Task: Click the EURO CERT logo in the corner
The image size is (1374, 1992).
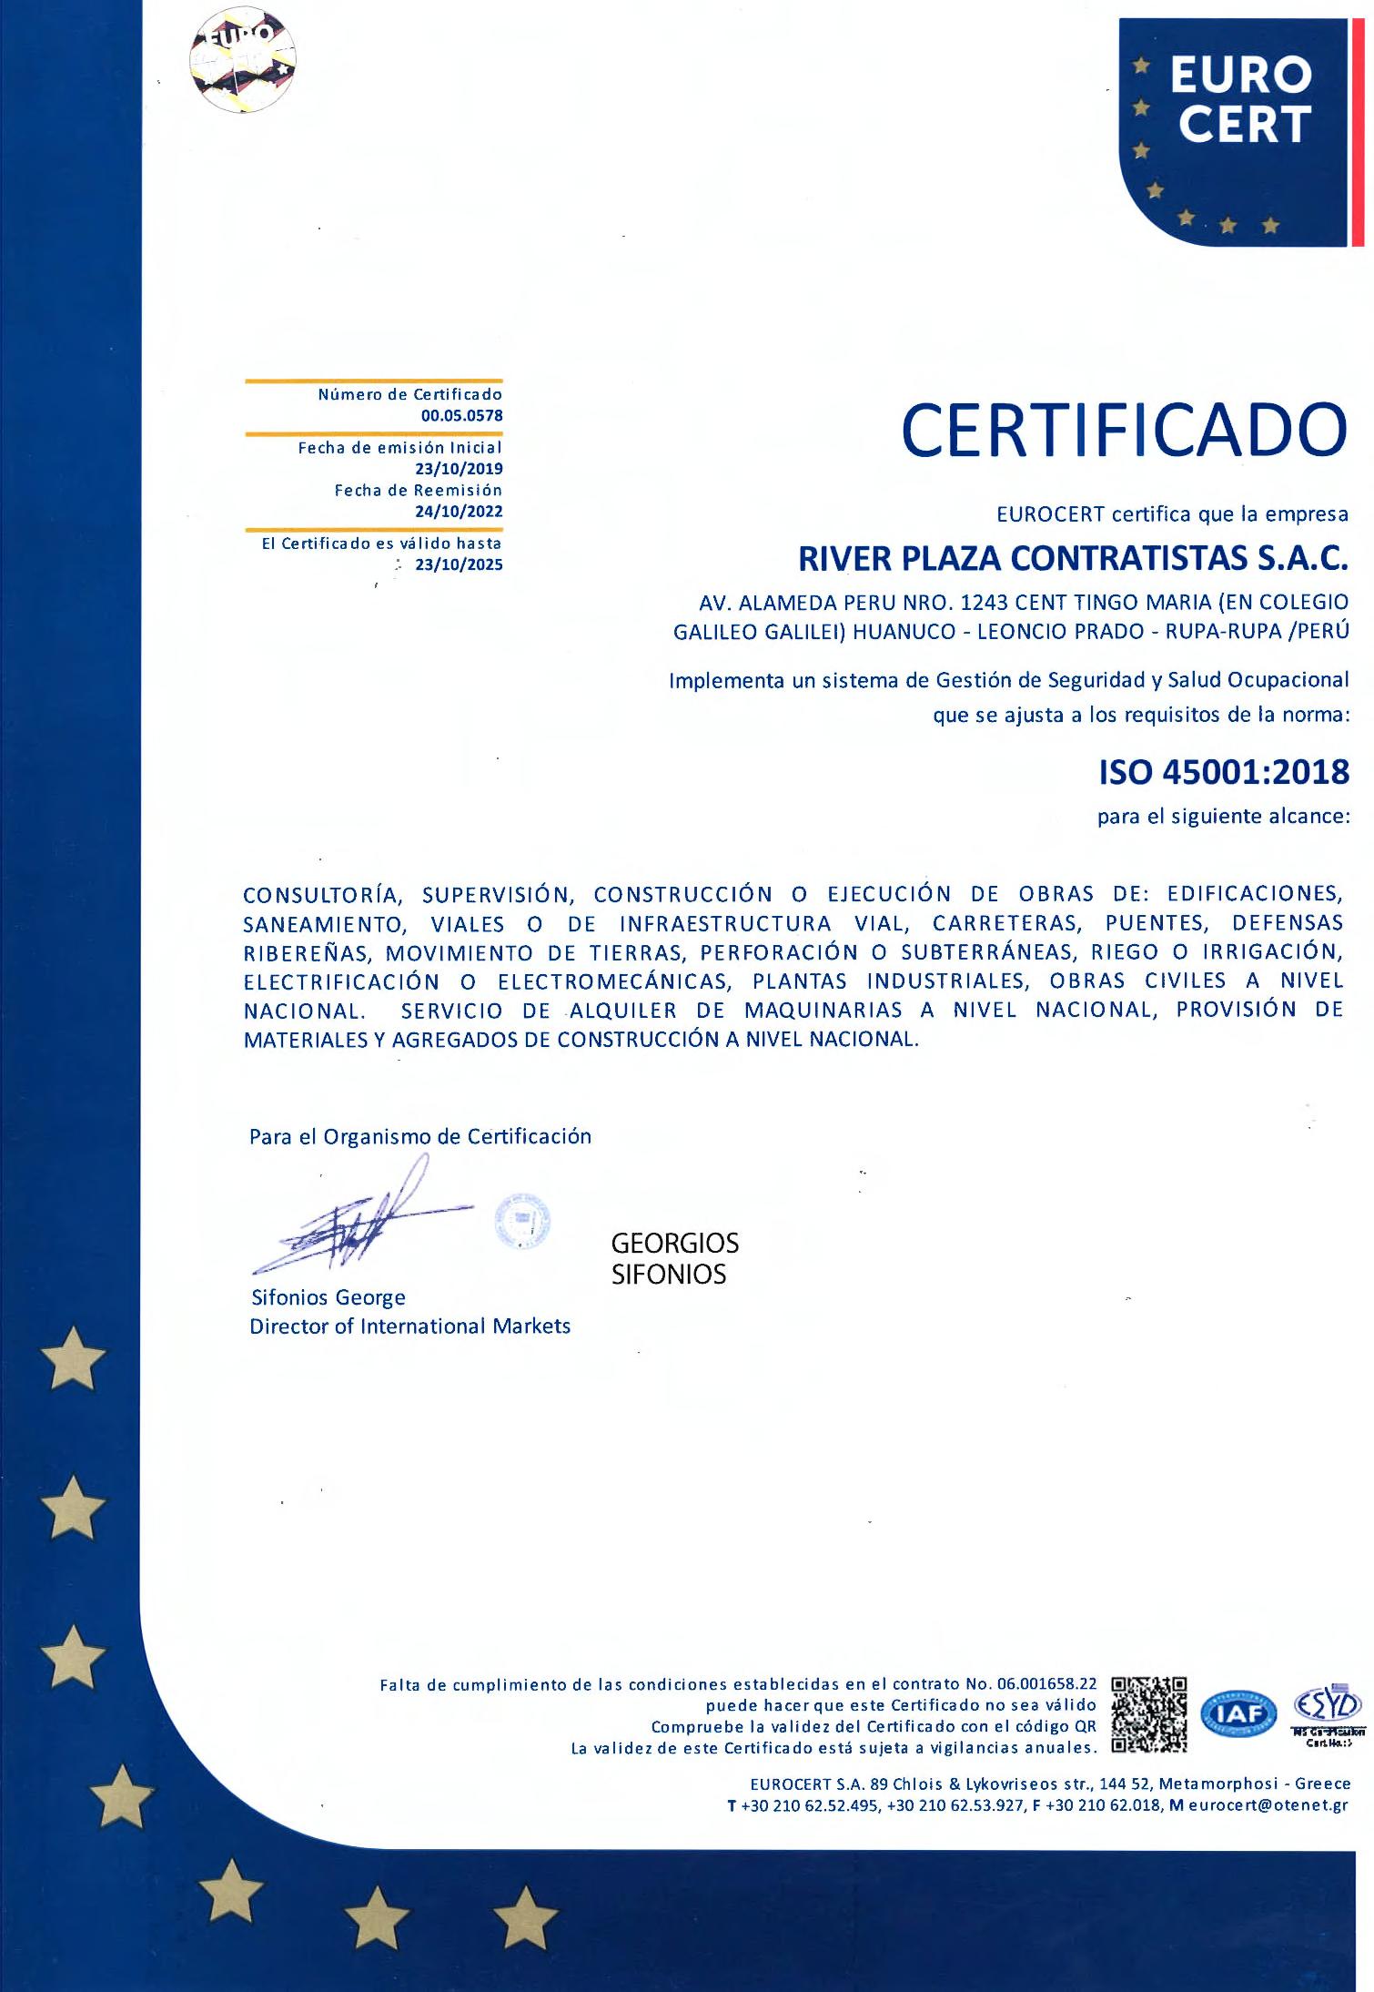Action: [x=1233, y=132]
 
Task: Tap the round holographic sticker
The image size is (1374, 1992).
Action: [x=243, y=60]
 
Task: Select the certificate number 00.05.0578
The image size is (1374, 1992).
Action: [x=461, y=416]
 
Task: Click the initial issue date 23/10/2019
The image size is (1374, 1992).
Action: [x=459, y=469]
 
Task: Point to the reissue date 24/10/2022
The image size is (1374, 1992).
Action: [x=459, y=512]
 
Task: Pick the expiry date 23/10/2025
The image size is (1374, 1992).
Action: [x=459, y=564]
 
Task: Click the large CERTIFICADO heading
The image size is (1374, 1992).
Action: [x=1123, y=431]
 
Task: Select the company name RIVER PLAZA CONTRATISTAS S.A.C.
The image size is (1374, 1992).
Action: [x=1073, y=558]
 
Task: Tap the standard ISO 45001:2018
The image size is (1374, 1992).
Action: [x=1224, y=772]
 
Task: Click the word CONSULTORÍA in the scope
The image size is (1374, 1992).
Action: [x=322, y=895]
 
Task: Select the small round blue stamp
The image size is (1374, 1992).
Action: [x=522, y=1220]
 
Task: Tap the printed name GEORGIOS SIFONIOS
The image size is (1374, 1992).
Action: [x=674, y=1258]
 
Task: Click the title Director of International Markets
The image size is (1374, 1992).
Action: [x=409, y=1326]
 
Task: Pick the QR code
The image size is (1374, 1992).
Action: [x=1148, y=1715]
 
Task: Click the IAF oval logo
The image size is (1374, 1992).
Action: [x=1238, y=1715]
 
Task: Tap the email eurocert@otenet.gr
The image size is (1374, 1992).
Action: [x=1268, y=1805]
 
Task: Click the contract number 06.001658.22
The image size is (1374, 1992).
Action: [x=1046, y=1684]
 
